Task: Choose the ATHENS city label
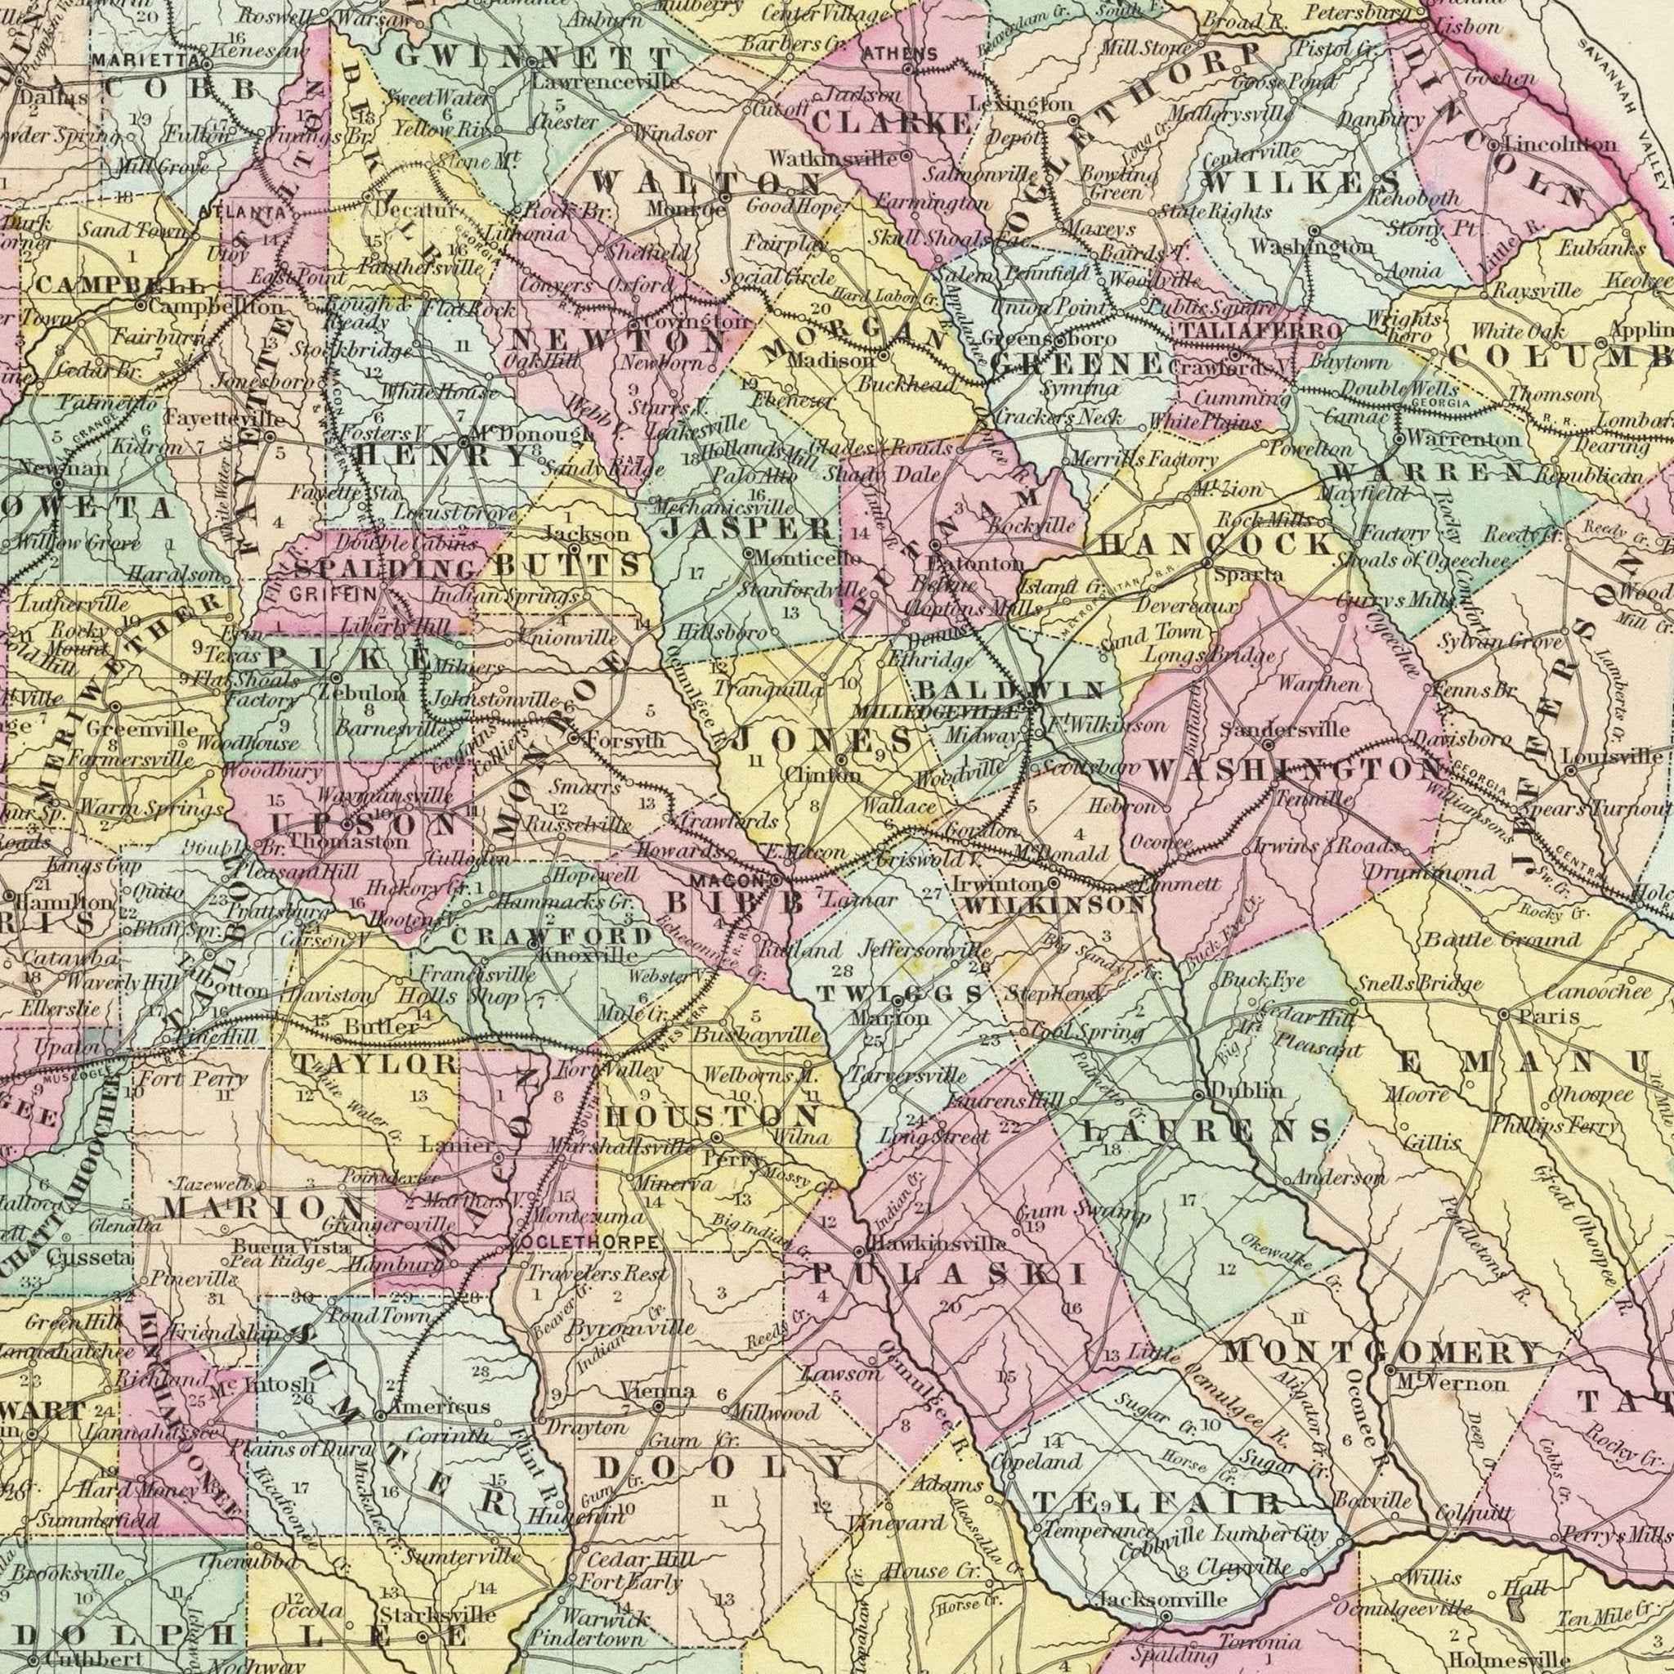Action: (900, 54)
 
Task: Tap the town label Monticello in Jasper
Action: (807, 559)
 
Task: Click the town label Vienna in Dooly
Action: (658, 1391)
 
